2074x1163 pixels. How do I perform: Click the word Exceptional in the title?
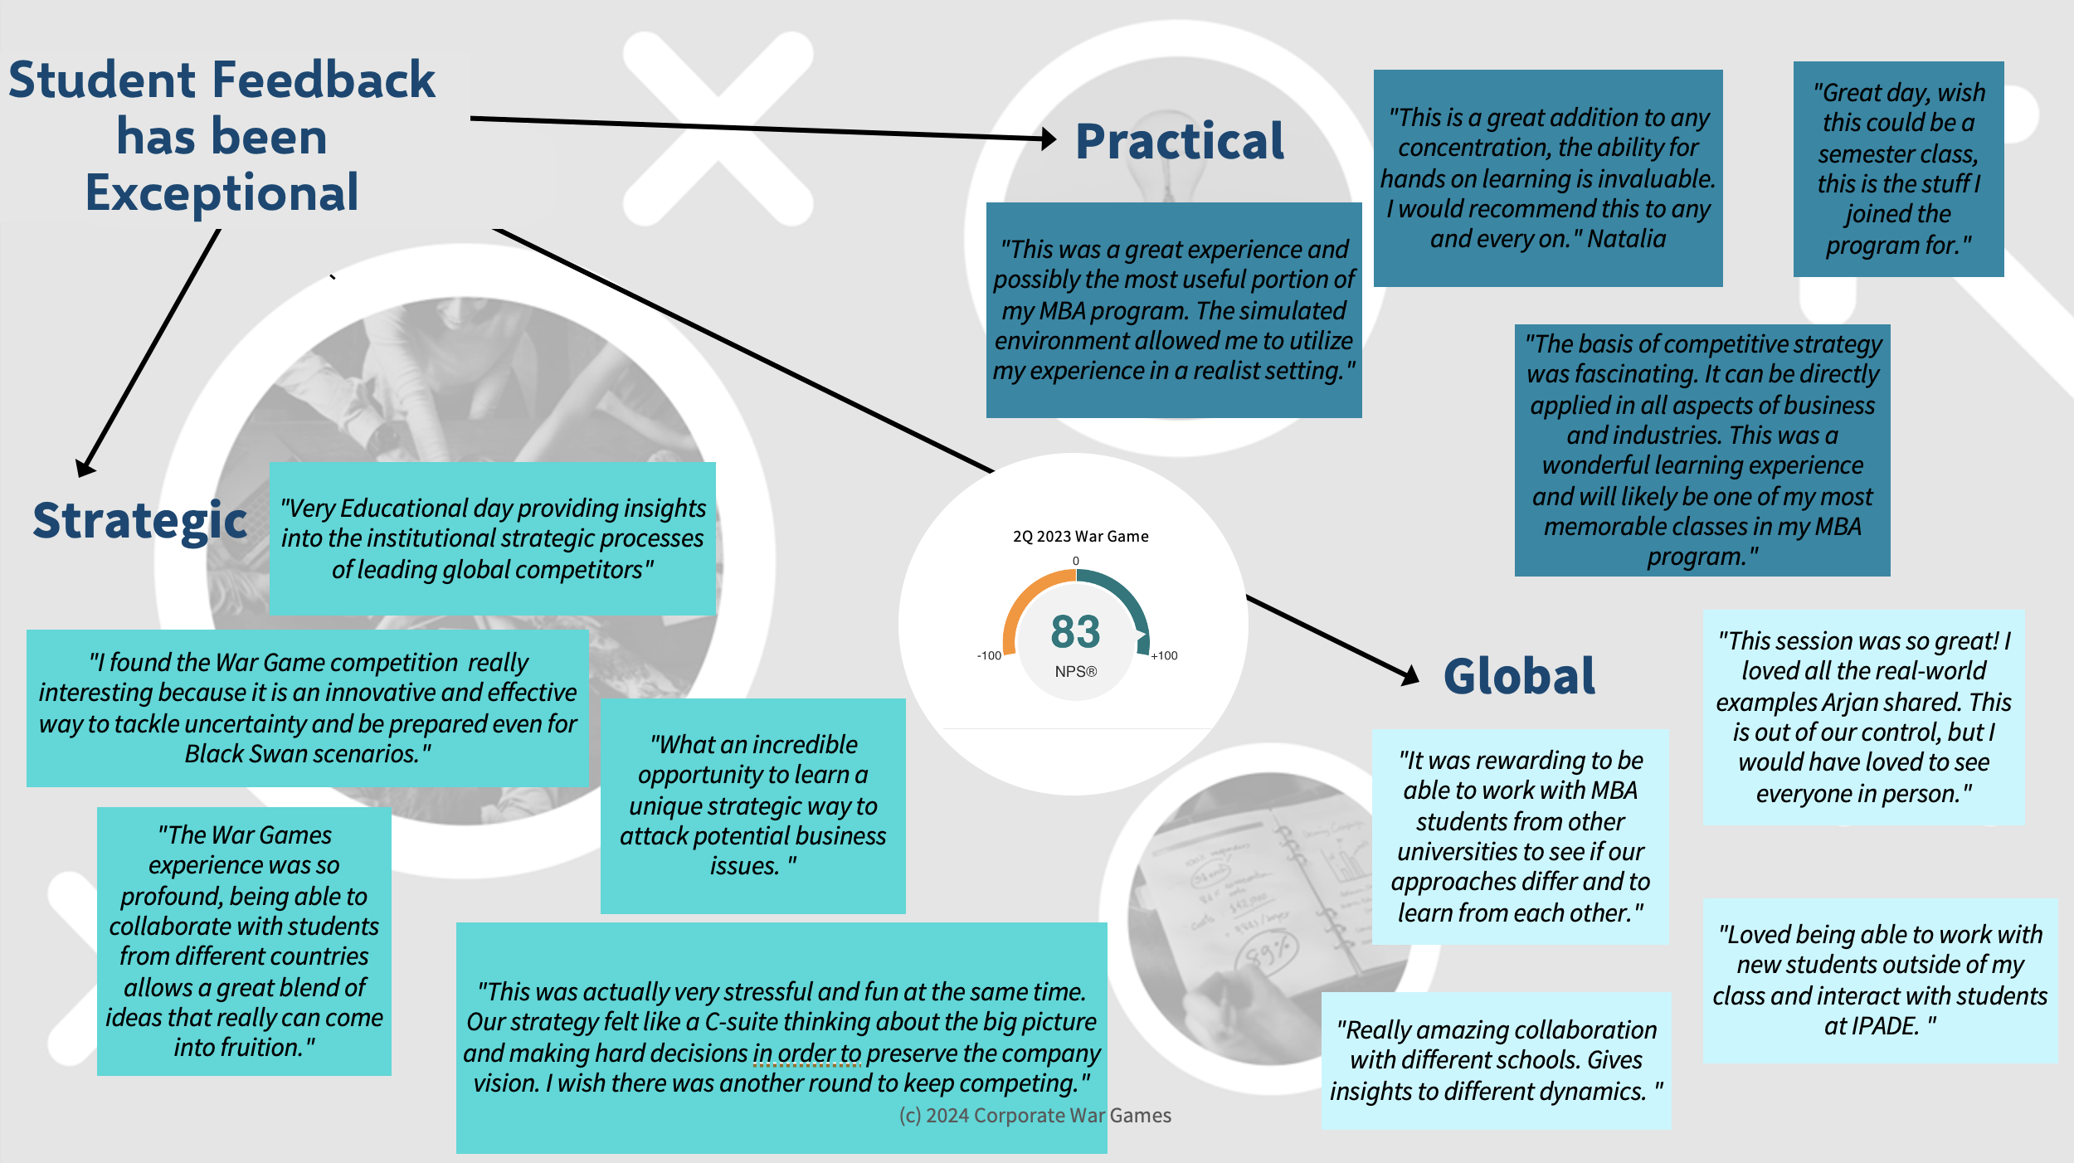(222, 193)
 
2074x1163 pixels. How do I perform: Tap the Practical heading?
(1179, 142)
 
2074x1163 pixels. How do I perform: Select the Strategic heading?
(139, 521)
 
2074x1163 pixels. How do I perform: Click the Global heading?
(1519, 676)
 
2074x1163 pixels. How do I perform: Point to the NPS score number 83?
(1075, 632)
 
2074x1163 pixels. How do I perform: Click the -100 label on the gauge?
(989, 655)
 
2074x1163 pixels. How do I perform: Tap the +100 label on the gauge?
(1164, 655)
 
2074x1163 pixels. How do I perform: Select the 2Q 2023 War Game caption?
(1080, 537)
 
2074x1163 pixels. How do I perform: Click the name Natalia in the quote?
(1626, 239)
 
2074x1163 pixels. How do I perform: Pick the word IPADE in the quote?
(1872, 1026)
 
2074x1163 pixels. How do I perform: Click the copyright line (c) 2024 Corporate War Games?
(1035, 1116)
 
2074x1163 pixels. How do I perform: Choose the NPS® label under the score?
(1075, 672)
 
